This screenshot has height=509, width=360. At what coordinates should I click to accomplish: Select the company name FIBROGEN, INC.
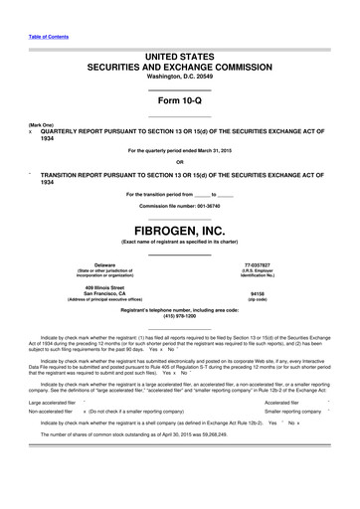pos(179,230)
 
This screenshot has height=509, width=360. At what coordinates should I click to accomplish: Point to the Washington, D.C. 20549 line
pos(179,77)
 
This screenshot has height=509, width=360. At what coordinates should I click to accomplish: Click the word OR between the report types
pos(179,163)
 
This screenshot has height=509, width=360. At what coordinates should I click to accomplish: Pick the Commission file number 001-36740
pos(179,206)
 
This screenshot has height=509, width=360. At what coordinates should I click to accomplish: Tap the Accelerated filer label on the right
pos(283,403)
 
